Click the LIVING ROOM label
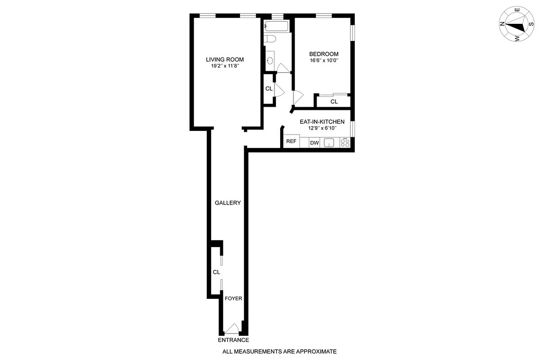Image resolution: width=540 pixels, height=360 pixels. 225,59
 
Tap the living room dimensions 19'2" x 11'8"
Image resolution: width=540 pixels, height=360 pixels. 225,66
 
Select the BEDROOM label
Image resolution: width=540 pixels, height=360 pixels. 323,54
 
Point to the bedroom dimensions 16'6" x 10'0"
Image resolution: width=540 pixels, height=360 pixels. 323,60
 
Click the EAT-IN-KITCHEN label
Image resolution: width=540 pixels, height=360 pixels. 322,121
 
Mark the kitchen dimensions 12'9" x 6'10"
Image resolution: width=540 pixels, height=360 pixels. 322,128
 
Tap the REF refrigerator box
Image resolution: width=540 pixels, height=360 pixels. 291,141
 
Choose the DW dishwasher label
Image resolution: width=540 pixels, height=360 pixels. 314,143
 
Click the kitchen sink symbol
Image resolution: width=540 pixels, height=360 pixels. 329,143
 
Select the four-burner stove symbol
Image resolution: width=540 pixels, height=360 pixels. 345,143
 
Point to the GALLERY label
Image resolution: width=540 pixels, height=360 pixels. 227,203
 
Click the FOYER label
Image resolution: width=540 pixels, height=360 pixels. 233,298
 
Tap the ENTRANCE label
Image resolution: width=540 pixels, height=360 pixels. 233,340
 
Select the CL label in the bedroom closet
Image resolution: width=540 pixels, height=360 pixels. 334,102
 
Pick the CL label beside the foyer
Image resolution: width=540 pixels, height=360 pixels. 216,272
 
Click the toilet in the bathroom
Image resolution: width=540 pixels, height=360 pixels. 270,40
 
